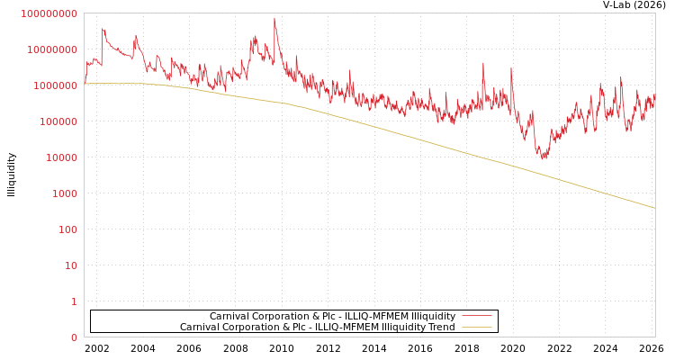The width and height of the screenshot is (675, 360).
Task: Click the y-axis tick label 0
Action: point(74,337)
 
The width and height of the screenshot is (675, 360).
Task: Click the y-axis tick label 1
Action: point(74,301)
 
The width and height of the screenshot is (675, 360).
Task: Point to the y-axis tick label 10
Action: point(71,265)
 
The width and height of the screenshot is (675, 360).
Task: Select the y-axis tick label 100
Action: point(68,229)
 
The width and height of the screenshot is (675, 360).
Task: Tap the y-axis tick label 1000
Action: point(65,193)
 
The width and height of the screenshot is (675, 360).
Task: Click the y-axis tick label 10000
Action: point(62,157)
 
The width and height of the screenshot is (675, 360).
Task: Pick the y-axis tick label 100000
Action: point(59,121)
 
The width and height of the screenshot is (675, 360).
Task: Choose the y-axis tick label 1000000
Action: point(56,85)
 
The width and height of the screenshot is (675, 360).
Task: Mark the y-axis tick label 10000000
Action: point(53,49)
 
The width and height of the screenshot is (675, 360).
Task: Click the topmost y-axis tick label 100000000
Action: point(50,13)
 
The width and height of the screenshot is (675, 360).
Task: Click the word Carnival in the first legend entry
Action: point(231,316)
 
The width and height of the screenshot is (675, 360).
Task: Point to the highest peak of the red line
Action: point(274,18)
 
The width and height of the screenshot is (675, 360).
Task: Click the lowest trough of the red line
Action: point(544,157)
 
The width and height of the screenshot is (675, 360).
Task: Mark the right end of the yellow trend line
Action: point(654,208)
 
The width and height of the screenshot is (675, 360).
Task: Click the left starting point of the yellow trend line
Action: point(85,83)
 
